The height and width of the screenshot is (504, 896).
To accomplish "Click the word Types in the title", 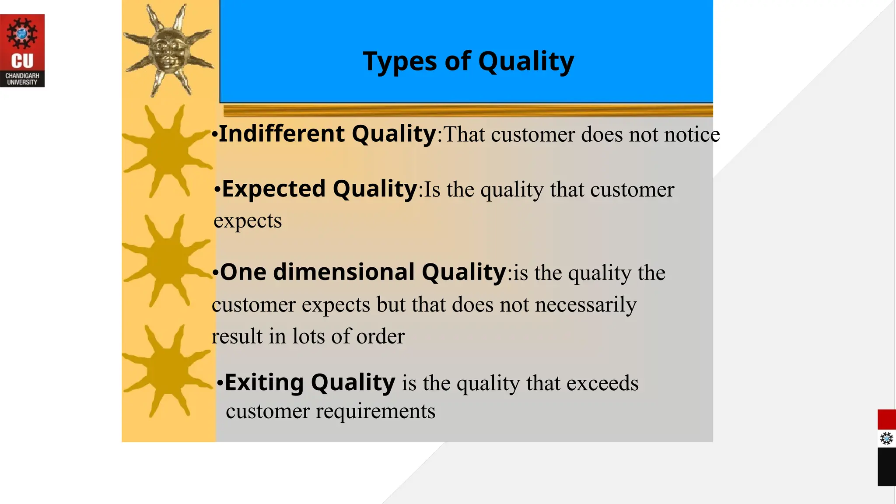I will pos(399,61).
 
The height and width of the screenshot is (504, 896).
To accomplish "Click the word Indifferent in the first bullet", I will pos(283,134).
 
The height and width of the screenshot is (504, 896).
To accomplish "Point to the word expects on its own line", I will pos(248,221).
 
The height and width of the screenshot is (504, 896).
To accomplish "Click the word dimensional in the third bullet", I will pos(343,272).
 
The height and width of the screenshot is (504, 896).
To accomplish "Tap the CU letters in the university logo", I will pos(22,61).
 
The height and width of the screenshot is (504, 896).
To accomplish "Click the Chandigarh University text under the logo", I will pos(22,79).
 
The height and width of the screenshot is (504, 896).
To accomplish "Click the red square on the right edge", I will pos(886,419).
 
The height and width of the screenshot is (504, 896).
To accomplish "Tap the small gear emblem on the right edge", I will pos(886,438).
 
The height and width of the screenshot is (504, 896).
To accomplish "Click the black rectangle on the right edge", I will pos(886,466).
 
